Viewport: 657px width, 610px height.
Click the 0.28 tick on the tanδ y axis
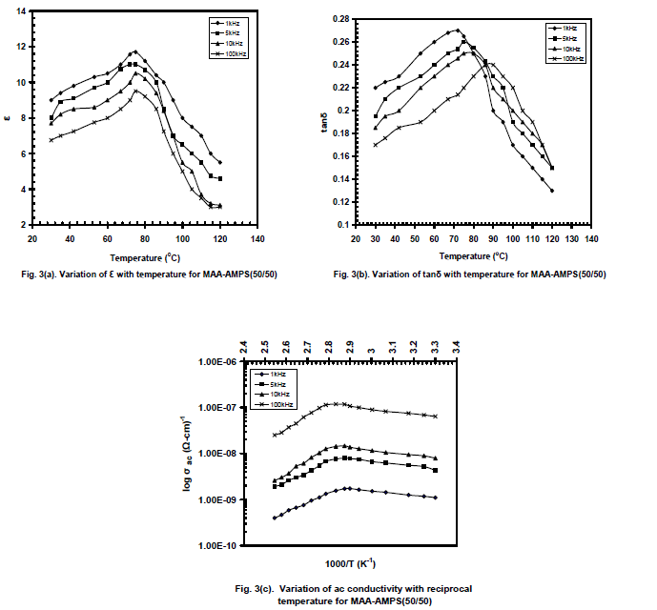339,19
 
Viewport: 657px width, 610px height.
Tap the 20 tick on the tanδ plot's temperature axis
355,238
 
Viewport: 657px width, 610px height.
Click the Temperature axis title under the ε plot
143,257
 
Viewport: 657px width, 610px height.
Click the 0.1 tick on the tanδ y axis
342,225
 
